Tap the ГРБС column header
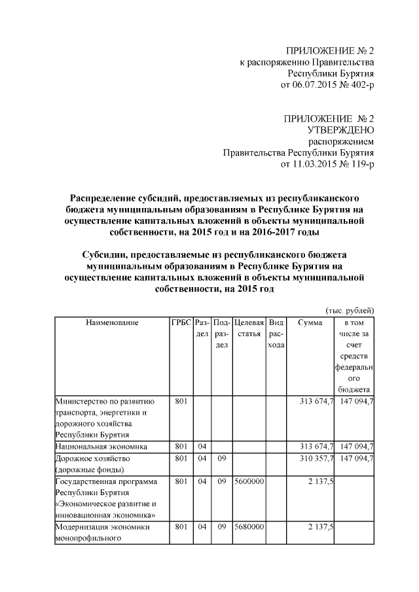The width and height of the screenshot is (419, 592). (181, 322)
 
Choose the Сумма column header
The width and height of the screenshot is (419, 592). (310, 322)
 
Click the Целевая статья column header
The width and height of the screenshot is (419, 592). (249, 328)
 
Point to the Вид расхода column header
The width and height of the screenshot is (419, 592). (276, 334)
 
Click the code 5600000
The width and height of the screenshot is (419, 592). (249, 481)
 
